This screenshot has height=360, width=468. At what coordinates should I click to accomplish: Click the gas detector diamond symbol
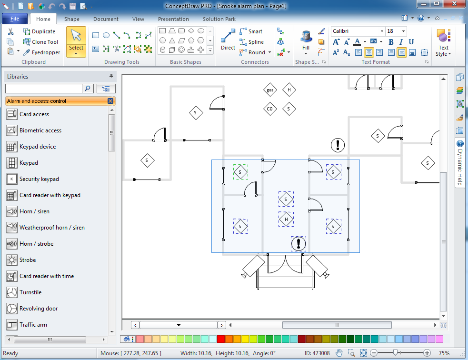click(x=270, y=90)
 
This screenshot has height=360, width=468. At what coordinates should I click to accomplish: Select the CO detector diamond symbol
click(x=270, y=109)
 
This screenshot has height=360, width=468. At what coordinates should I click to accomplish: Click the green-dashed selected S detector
click(x=240, y=172)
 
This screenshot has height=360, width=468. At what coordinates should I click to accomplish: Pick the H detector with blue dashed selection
click(x=286, y=220)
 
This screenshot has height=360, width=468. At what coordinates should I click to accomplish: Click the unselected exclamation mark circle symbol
click(x=338, y=145)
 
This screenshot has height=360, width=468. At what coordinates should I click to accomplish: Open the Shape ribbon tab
click(x=72, y=19)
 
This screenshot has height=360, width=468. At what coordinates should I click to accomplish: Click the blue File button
click(x=14, y=19)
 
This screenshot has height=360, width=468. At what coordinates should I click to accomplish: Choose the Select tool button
click(x=76, y=42)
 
